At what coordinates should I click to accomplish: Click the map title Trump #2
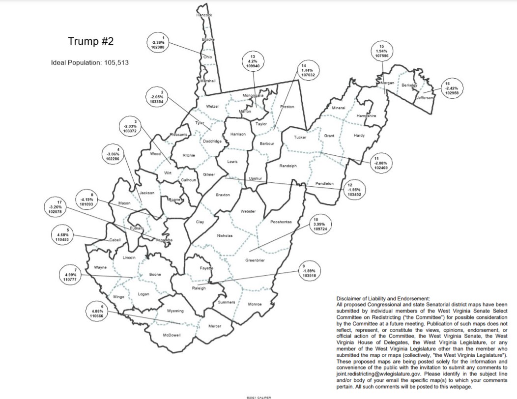pyautogui.click(x=91, y=42)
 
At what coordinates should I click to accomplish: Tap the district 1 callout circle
pyautogui.click(x=158, y=43)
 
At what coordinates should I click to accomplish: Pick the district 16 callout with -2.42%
pyautogui.click(x=448, y=89)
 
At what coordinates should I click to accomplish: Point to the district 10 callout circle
pyautogui.click(x=316, y=225)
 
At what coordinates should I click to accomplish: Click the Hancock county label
pyautogui.click(x=203, y=15)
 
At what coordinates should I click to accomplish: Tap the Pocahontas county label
pyautogui.click(x=281, y=222)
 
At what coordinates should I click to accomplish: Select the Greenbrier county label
pyautogui.click(x=255, y=260)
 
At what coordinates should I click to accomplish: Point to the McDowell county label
pyautogui.click(x=172, y=335)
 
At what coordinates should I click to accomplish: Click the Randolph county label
pyautogui.click(x=287, y=166)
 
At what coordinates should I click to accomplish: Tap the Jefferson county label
pyautogui.click(x=426, y=98)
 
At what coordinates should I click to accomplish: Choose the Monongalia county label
pyautogui.click(x=253, y=95)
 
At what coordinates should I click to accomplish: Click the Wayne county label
pyautogui.click(x=100, y=267)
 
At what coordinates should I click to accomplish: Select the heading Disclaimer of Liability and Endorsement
pyautogui.click(x=383, y=298)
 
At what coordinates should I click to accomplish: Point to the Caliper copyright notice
pyautogui.click(x=258, y=397)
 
